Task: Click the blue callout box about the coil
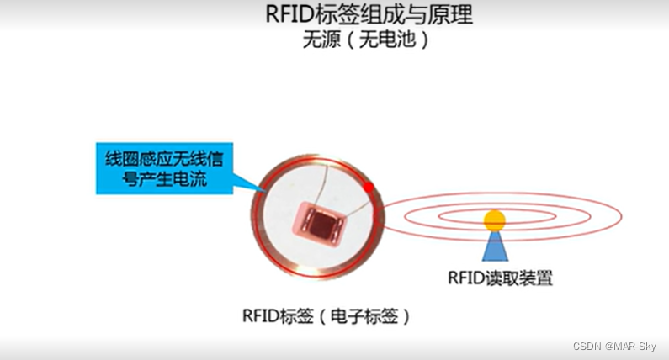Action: (164, 168)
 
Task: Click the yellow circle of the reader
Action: (494, 220)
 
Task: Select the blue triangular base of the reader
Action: (494, 248)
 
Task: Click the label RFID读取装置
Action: (500, 278)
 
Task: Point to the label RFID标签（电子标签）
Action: (327, 316)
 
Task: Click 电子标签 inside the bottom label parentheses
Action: (359, 316)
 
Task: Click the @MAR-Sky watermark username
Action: (633, 347)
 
